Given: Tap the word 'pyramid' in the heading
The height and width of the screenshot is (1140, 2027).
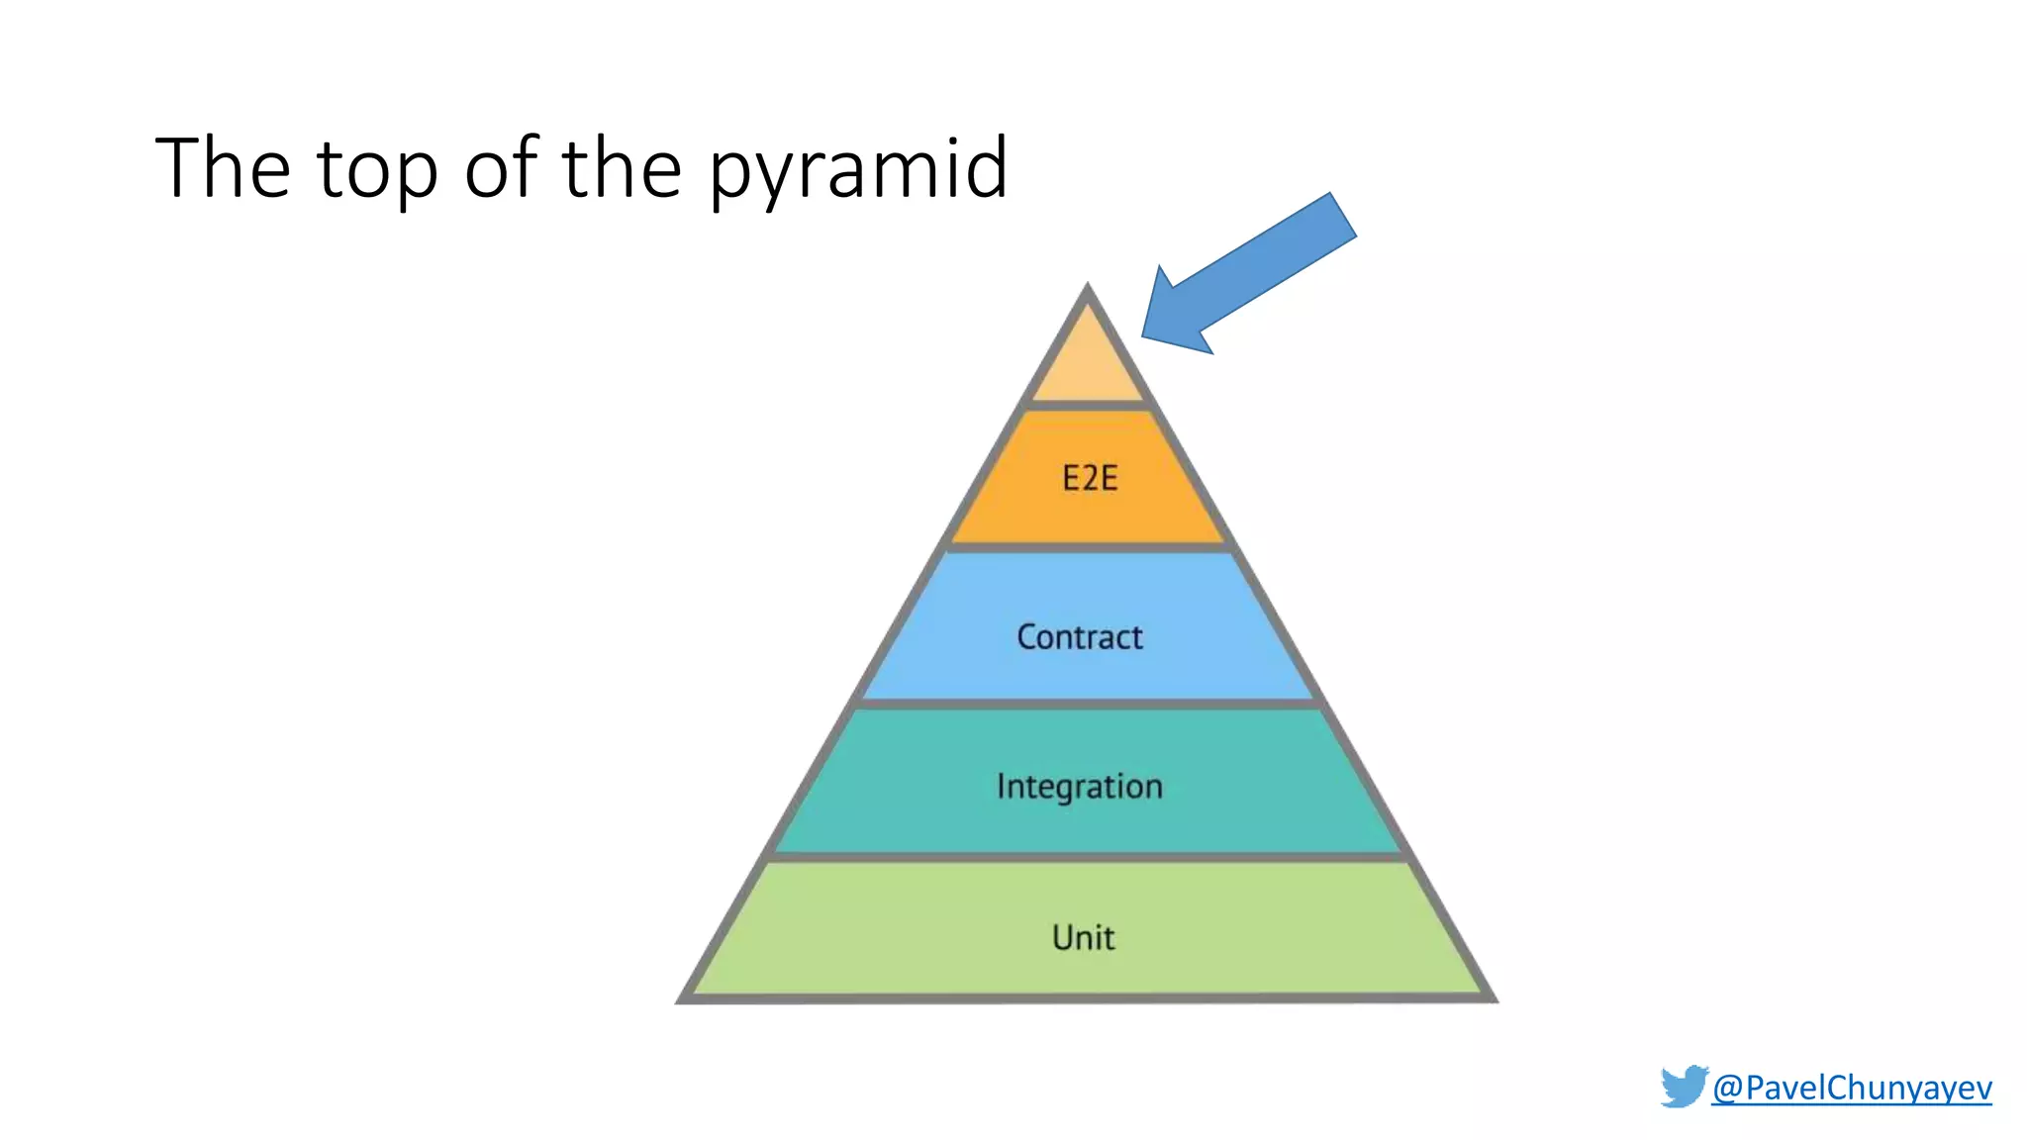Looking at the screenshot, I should click(x=858, y=170).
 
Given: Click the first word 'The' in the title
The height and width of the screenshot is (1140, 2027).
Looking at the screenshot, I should click(x=223, y=168).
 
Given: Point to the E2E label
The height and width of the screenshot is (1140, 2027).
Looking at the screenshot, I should click(x=1090, y=479).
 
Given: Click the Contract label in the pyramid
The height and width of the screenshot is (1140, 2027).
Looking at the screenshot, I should click(x=1080, y=637).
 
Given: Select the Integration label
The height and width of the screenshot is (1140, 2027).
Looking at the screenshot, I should click(x=1080, y=787).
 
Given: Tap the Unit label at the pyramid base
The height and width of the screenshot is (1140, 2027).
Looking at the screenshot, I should click(x=1084, y=937).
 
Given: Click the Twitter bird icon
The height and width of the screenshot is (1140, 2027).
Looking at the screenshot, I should click(x=1684, y=1087).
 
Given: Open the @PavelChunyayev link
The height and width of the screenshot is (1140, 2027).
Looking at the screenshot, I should click(x=1851, y=1088).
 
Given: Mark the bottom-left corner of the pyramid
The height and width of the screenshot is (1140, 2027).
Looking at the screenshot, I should click(x=682, y=999).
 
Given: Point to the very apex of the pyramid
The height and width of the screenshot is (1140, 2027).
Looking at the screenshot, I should click(x=1088, y=287).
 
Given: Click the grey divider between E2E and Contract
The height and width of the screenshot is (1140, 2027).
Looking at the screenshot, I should click(x=1089, y=546).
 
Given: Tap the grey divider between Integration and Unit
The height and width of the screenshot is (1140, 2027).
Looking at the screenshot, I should click(x=1089, y=857).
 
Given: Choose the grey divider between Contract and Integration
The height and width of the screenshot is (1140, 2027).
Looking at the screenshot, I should click(x=1089, y=704).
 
